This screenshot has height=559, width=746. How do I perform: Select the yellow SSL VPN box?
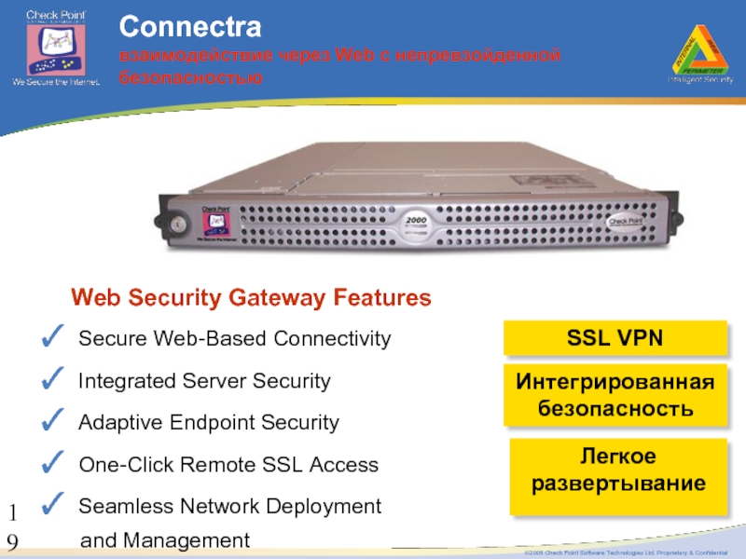615,338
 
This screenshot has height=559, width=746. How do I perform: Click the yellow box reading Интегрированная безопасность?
615,395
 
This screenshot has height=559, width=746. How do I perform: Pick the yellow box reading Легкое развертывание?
617,470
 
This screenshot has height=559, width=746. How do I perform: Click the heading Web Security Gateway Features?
252,298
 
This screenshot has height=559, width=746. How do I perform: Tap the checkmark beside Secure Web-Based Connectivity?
53,336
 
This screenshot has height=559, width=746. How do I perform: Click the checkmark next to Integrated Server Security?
53,378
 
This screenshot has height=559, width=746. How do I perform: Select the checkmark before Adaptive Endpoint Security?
53,420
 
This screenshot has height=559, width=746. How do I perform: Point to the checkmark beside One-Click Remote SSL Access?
53,462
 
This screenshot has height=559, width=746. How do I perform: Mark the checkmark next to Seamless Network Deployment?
53,504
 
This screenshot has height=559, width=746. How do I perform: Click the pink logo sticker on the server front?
214,224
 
